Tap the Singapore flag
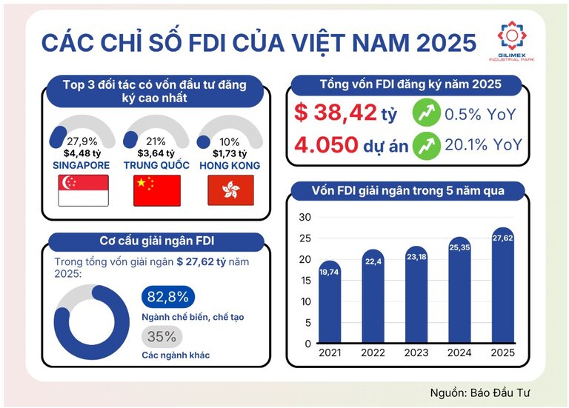click(83, 190)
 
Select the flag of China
click(156, 190)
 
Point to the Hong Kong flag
click(230, 190)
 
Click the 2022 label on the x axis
click(373, 352)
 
